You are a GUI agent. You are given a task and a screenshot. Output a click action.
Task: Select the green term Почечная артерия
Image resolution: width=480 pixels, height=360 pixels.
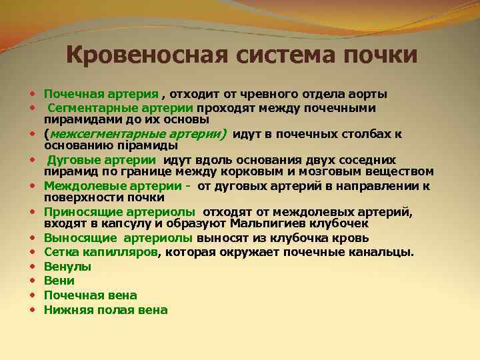point(101,94)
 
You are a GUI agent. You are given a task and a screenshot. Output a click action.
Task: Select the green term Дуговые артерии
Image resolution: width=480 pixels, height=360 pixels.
point(102,160)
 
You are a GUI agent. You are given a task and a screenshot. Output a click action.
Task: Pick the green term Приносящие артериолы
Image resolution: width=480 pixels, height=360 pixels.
point(119,213)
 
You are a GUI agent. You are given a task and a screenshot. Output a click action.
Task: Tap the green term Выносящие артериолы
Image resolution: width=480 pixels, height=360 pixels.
point(119,238)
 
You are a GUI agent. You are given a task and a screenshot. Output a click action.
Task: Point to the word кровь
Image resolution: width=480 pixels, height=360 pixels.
point(353,238)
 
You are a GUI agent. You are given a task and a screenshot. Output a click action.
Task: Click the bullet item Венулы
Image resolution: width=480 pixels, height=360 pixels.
point(68,267)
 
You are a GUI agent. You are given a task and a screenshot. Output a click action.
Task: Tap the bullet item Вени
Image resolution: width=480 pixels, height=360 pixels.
point(59,281)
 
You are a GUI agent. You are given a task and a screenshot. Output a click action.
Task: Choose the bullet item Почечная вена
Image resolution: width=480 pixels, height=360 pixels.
point(91,295)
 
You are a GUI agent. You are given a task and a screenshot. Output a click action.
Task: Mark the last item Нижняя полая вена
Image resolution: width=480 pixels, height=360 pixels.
point(106,309)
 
